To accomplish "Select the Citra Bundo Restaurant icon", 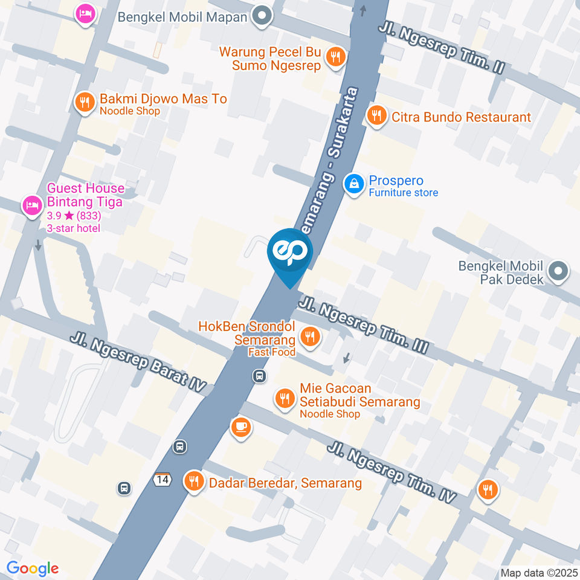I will click(x=377, y=115).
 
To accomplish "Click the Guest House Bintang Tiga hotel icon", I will click(x=31, y=206).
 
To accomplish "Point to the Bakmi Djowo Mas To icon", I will click(x=85, y=102).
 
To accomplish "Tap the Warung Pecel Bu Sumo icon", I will click(x=335, y=57).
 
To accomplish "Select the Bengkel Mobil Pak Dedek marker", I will click(x=559, y=271).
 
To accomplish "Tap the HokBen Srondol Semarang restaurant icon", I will click(x=311, y=337).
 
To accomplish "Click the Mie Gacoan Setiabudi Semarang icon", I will click(x=284, y=398).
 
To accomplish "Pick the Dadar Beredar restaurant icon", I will click(x=194, y=482).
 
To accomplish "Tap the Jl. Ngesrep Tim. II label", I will click(x=441, y=49).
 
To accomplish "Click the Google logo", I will click(x=33, y=569).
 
